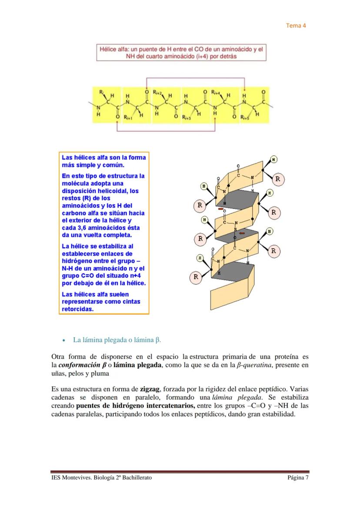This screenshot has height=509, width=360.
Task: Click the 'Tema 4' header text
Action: [296, 25]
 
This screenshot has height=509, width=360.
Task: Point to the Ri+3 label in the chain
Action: [187, 118]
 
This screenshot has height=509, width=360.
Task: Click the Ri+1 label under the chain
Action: [128, 118]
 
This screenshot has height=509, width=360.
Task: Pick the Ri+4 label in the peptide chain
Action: [216, 93]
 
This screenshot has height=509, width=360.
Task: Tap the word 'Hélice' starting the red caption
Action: [109, 50]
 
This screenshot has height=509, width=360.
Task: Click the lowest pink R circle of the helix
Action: [196, 276]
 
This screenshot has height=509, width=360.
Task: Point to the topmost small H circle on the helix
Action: [274, 159]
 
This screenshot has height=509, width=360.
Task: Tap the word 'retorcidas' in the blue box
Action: [77, 309]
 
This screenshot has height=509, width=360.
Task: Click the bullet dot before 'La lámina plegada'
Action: [63, 340]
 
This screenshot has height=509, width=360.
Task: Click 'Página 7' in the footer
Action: [298, 478]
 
